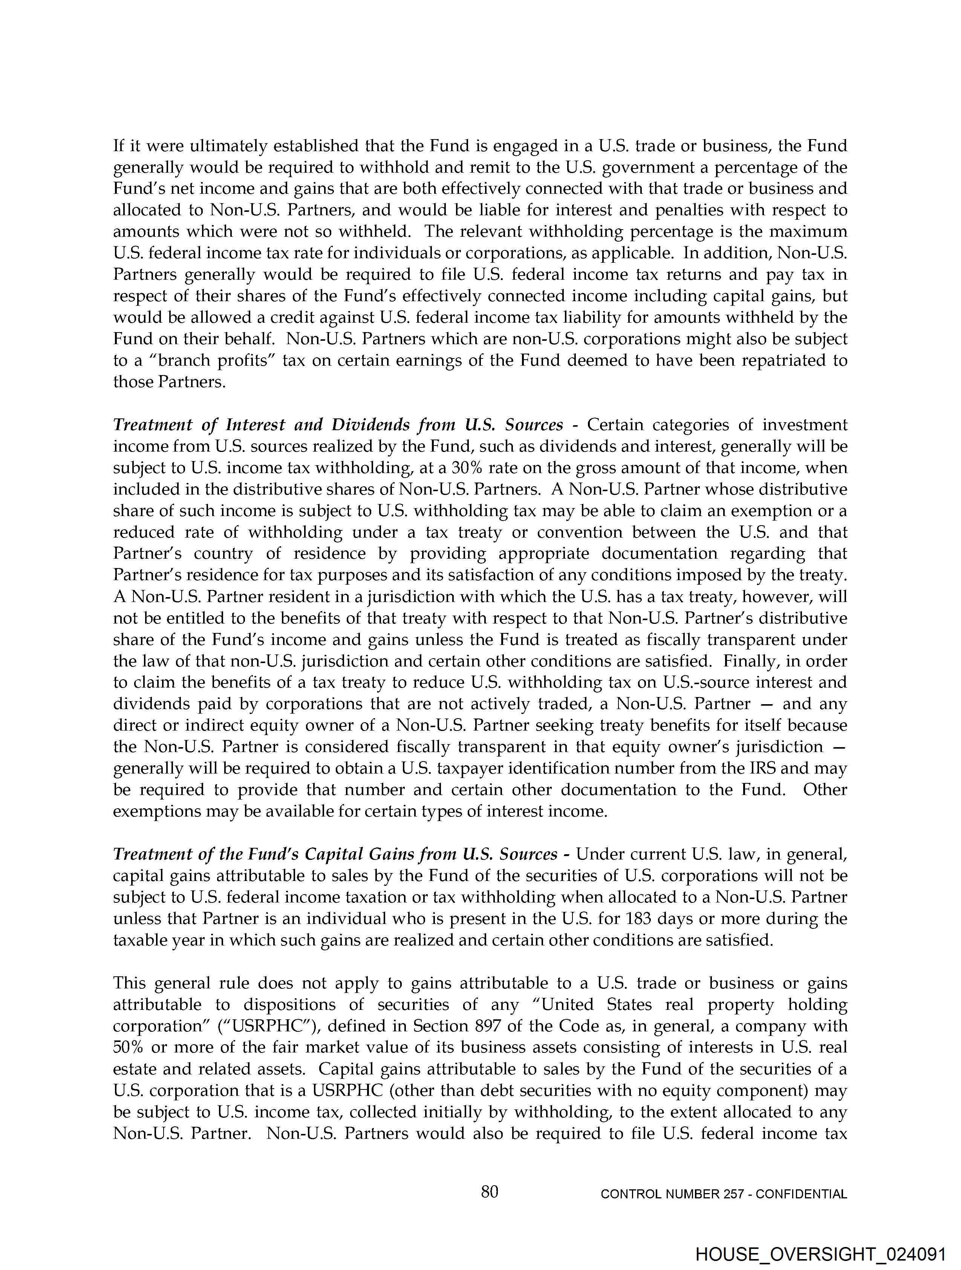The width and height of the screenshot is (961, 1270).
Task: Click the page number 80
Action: coord(489,1192)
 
